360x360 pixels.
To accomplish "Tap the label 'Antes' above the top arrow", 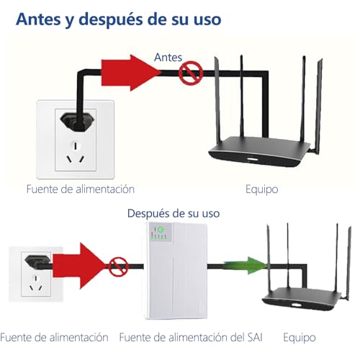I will [x=170, y=55].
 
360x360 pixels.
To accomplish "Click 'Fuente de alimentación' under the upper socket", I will [x=80, y=189].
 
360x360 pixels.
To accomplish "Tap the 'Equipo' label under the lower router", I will [x=300, y=337].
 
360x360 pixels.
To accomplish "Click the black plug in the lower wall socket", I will [x=33, y=260].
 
